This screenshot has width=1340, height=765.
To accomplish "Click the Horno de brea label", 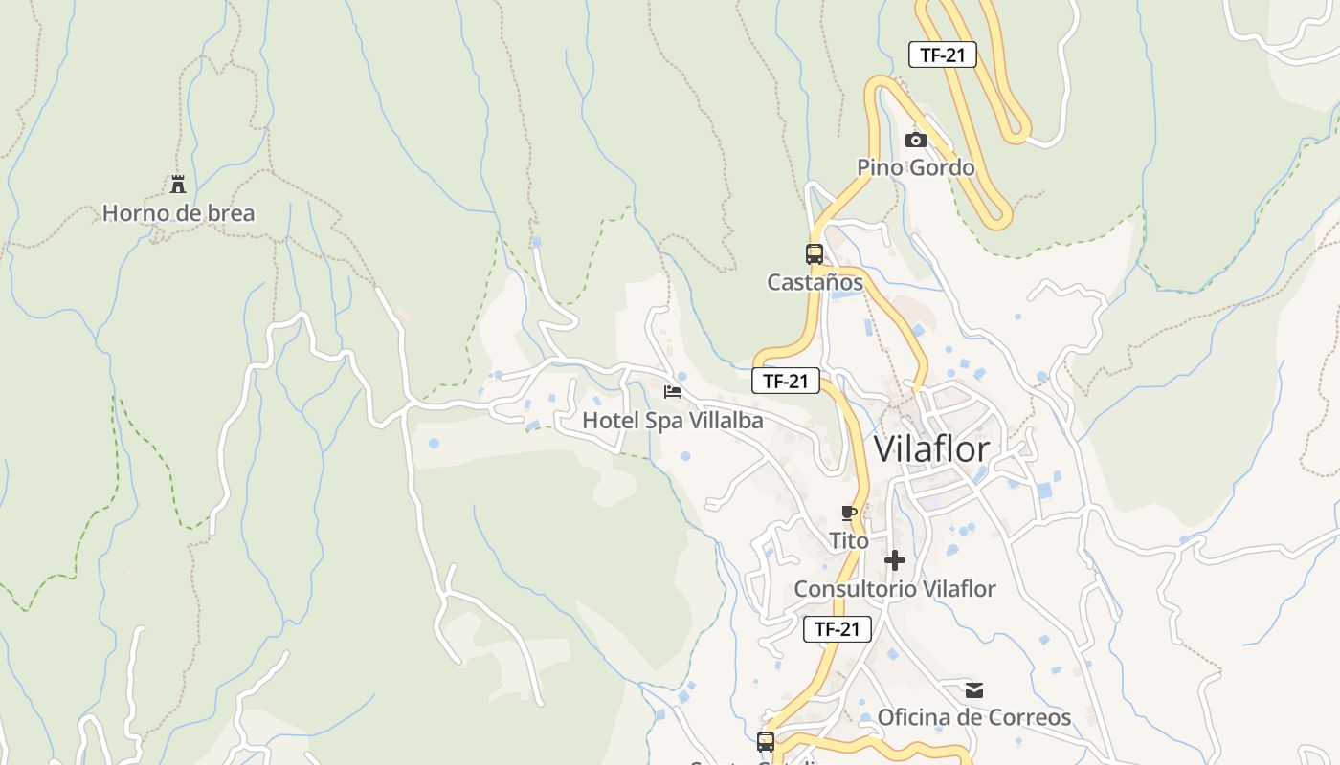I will pos(179,212).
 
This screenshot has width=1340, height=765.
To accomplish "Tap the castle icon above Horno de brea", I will pos(177,185).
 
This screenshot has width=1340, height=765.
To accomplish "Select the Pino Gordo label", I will pos(915,167).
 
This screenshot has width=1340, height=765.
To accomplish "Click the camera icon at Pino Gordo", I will pos(916,141).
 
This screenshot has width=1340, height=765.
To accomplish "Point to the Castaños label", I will pos(815,282).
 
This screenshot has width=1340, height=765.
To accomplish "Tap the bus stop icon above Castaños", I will pos(815,254).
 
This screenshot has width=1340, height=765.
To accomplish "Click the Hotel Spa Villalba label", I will pos(673,420).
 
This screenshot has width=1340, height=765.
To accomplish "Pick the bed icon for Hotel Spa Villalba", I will pos(673,392).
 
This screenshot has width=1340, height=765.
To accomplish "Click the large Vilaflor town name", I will pos(931,448).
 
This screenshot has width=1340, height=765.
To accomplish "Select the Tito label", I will pos(849,540).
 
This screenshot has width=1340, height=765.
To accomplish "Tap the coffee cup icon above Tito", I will pos(849,514).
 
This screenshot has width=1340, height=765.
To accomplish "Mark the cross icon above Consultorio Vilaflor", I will pos(895,560).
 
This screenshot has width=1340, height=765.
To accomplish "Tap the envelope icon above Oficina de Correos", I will pos(974,689).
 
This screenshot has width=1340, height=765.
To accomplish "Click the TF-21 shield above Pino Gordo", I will pos(943,55).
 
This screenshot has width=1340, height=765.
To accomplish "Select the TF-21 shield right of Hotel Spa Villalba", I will pos(786,381).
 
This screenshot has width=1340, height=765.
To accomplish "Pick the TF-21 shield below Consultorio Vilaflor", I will pos(837,628).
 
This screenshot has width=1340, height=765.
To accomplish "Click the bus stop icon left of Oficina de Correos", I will pos(766,741).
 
